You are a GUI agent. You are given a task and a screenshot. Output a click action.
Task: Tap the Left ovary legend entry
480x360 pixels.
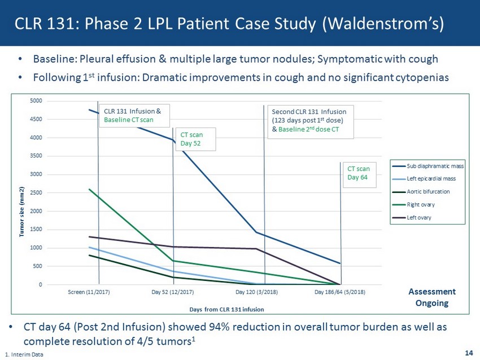pyautogui.click(x=421, y=217)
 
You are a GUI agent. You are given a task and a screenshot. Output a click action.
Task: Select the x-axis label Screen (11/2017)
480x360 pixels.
pyautogui.click(x=89, y=292)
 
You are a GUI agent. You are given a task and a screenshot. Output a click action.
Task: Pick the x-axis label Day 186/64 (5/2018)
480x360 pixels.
pyautogui.click(x=340, y=292)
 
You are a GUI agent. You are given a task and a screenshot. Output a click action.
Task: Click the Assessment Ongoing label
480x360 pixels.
pyautogui.click(x=431, y=297)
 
